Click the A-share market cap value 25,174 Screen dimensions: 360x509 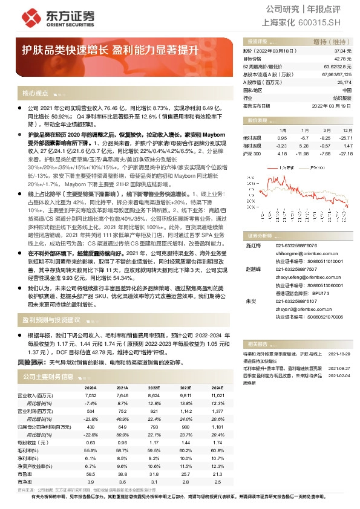coord(344,82)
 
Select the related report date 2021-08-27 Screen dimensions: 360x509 coord(341,368)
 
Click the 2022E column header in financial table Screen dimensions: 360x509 coord(154,387)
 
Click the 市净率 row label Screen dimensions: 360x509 coord(34,482)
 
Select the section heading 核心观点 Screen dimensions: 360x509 coord(36,94)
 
